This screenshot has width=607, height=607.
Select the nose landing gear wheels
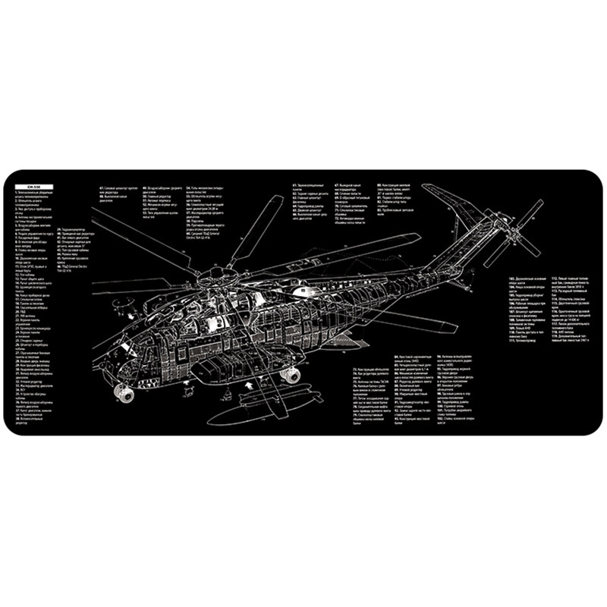121,392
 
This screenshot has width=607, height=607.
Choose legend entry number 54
205,187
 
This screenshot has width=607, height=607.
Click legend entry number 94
463,357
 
